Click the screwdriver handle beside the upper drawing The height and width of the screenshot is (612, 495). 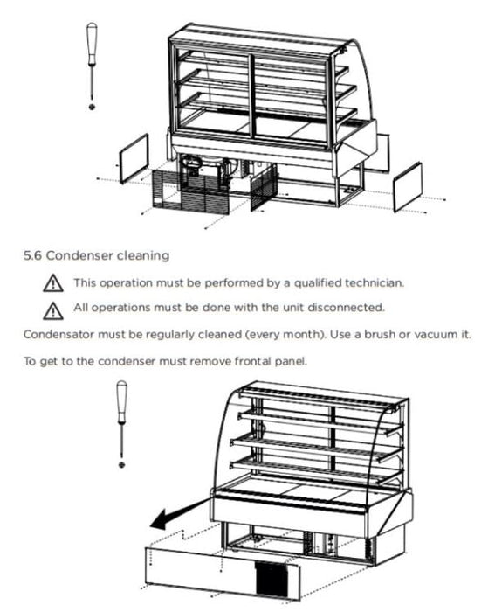[92, 44]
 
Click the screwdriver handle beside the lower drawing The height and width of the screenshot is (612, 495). [122, 401]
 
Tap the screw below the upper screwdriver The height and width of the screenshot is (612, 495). [92, 107]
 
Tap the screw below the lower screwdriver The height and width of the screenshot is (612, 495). [122, 464]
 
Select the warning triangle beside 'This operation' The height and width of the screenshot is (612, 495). [53, 283]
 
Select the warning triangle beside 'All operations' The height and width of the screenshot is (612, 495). [53, 310]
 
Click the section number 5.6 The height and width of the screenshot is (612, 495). [32, 256]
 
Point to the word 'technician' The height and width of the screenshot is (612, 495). [375, 282]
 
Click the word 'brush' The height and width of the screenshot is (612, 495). [380, 335]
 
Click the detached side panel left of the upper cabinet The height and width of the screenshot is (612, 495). [134, 158]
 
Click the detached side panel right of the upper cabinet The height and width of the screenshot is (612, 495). [408, 187]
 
